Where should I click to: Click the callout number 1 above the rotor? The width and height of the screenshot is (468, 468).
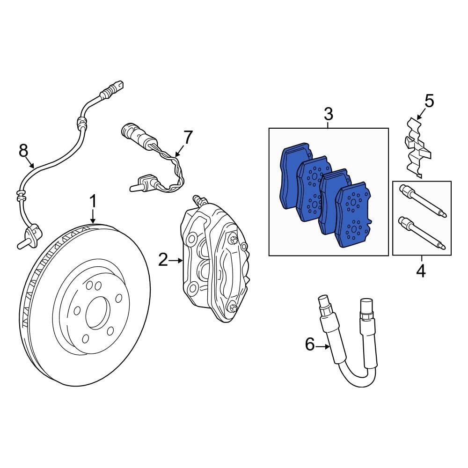(93, 202)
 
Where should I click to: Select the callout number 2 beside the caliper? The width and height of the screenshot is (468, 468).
(162, 260)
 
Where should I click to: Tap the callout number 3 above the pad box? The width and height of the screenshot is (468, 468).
(328, 113)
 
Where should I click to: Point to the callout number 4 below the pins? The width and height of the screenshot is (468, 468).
(421, 271)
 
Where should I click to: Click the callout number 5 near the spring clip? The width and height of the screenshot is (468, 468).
(429, 101)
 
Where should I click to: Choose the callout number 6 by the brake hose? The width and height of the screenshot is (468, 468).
(309, 345)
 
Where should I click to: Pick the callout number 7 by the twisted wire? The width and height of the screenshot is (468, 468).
(187, 138)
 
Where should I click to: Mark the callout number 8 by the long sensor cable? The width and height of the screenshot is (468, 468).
(23, 151)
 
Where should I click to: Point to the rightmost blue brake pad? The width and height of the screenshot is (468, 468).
(354, 215)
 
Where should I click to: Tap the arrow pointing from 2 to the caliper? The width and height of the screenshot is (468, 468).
(176, 260)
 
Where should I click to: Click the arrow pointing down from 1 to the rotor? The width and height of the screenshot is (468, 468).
(93, 216)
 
